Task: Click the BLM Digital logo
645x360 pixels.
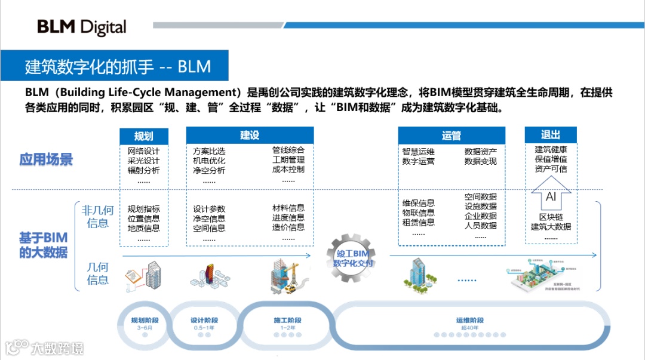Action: pyautogui.click(x=82, y=27)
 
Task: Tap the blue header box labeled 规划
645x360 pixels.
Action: pyautogui.click(x=143, y=136)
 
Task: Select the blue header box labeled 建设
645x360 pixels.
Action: pyautogui.click(x=250, y=135)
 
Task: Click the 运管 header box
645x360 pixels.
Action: pyautogui.click(x=451, y=136)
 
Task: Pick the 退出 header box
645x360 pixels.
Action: pyautogui.click(x=550, y=134)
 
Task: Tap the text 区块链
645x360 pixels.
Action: pyautogui.click(x=551, y=217)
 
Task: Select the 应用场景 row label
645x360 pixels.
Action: pyautogui.click(x=46, y=159)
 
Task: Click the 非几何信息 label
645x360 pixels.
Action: pyautogui.click(x=98, y=217)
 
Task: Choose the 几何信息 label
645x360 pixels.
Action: pyautogui.click(x=98, y=274)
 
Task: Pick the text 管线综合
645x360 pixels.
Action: pyautogui.click(x=288, y=150)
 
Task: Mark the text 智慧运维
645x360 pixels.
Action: pyautogui.click(x=418, y=152)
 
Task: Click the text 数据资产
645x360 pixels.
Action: pyautogui.click(x=480, y=152)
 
